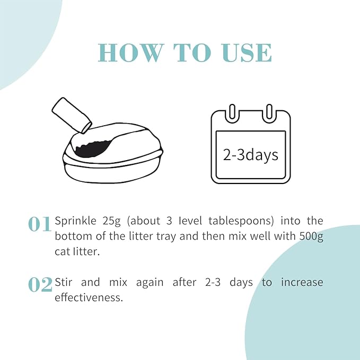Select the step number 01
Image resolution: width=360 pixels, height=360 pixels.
tap(39, 224)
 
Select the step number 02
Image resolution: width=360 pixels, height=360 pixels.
tap(40, 285)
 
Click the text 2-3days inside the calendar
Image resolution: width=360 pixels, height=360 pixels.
tap(250, 155)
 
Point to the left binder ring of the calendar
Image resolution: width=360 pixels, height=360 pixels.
tap(232, 112)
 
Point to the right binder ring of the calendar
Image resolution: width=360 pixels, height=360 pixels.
tap(269, 112)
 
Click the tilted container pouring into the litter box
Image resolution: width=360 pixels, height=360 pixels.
tap(72, 115)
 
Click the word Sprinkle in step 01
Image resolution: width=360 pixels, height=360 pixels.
tap(75, 221)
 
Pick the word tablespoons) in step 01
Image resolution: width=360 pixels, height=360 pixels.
tap(241, 221)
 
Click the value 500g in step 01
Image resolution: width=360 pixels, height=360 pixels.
tap(311, 236)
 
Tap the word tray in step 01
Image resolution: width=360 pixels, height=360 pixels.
tap(166, 236)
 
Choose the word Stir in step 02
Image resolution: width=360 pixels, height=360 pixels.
tap(64, 282)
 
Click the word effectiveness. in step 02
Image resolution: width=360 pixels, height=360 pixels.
tap(89, 297)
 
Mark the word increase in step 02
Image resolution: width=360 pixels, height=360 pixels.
tap(302, 282)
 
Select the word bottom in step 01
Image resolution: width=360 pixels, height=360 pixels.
tap(74, 236)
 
